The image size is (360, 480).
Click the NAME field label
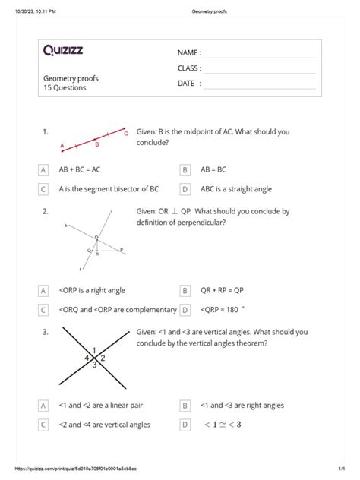tap(189, 53)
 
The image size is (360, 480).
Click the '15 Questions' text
tap(65, 88)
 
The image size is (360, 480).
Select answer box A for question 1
tap(43, 170)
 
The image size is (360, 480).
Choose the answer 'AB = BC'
tap(219, 170)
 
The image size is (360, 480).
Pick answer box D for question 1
tap(185, 189)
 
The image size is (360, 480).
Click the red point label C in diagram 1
tap(125, 133)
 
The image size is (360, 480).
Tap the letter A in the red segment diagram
tap(62, 144)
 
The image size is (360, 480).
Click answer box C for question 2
tap(43, 309)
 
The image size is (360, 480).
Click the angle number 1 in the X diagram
tap(93, 349)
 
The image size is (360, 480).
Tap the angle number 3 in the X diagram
tap(93, 365)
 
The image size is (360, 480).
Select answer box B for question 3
tap(185, 406)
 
